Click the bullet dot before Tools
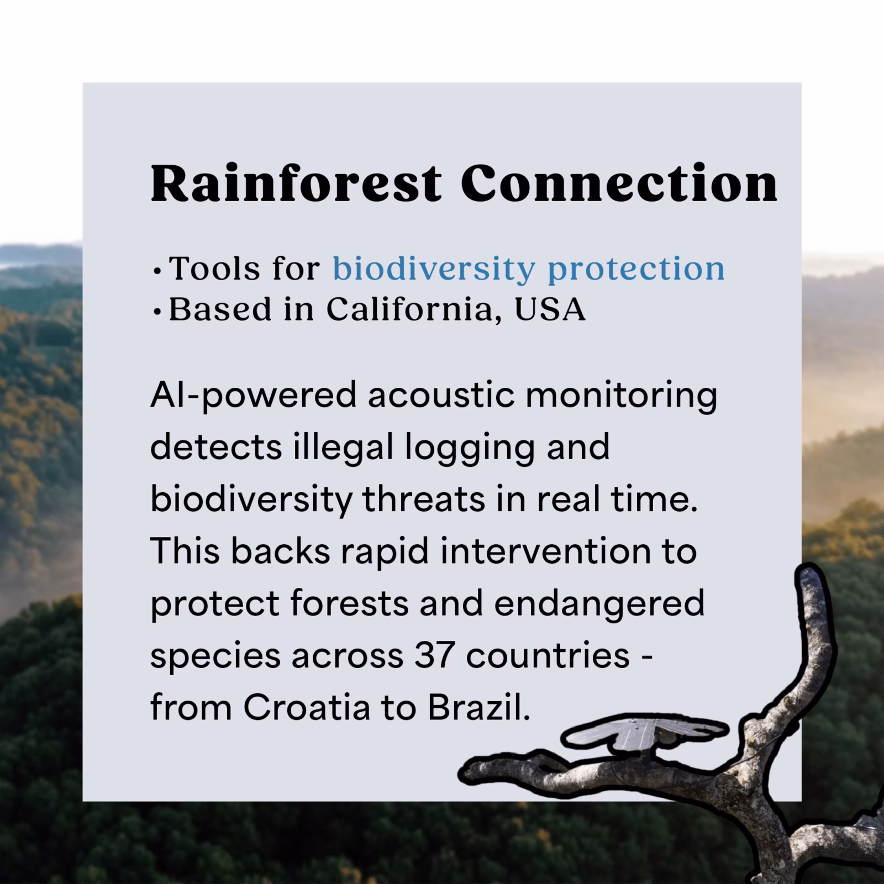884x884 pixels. pyautogui.click(x=158, y=272)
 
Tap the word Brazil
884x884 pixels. pyautogui.click(x=479, y=708)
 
